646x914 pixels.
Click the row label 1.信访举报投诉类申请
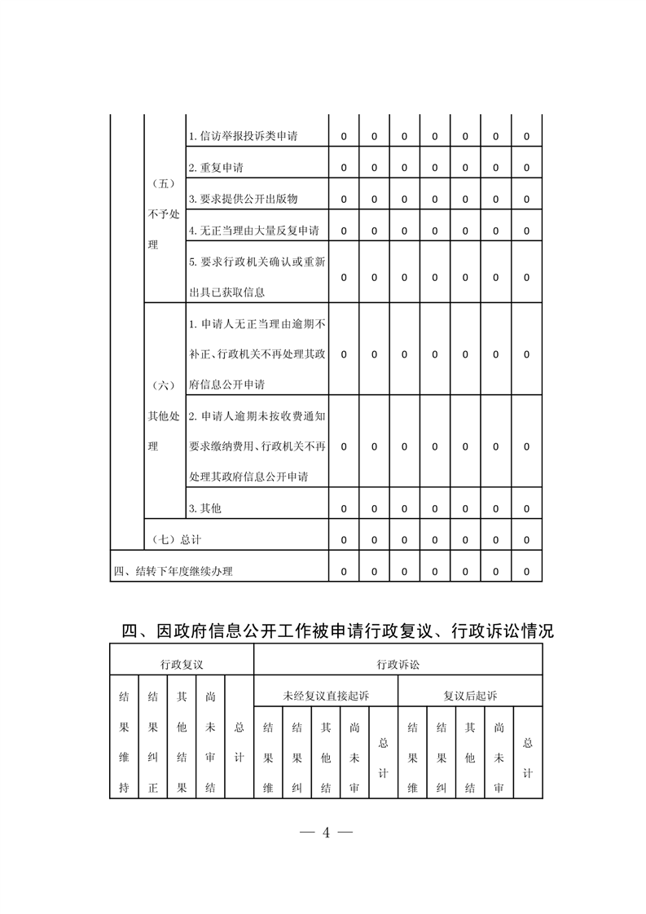pyautogui.click(x=242, y=137)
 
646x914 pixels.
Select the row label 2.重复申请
pyautogui.click(x=216, y=168)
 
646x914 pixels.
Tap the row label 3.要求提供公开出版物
pyautogui.click(x=242, y=199)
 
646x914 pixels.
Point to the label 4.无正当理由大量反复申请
pyautogui.click(x=253, y=231)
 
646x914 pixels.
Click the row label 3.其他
pyautogui.click(x=204, y=508)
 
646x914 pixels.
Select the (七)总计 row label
pyautogui.click(x=177, y=539)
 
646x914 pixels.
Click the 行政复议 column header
pyautogui.click(x=182, y=665)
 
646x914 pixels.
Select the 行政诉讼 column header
pyautogui.click(x=398, y=665)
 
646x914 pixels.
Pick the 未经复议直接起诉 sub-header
pyautogui.click(x=326, y=696)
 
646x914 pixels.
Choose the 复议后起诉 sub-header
pyautogui.click(x=470, y=696)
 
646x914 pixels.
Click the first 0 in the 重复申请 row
pyautogui.click(x=343, y=168)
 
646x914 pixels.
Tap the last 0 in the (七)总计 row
pyautogui.click(x=526, y=539)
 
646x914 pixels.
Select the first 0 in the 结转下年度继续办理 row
pyautogui.click(x=343, y=571)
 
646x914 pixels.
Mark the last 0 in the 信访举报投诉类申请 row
pyautogui.click(x=526, y=137)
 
